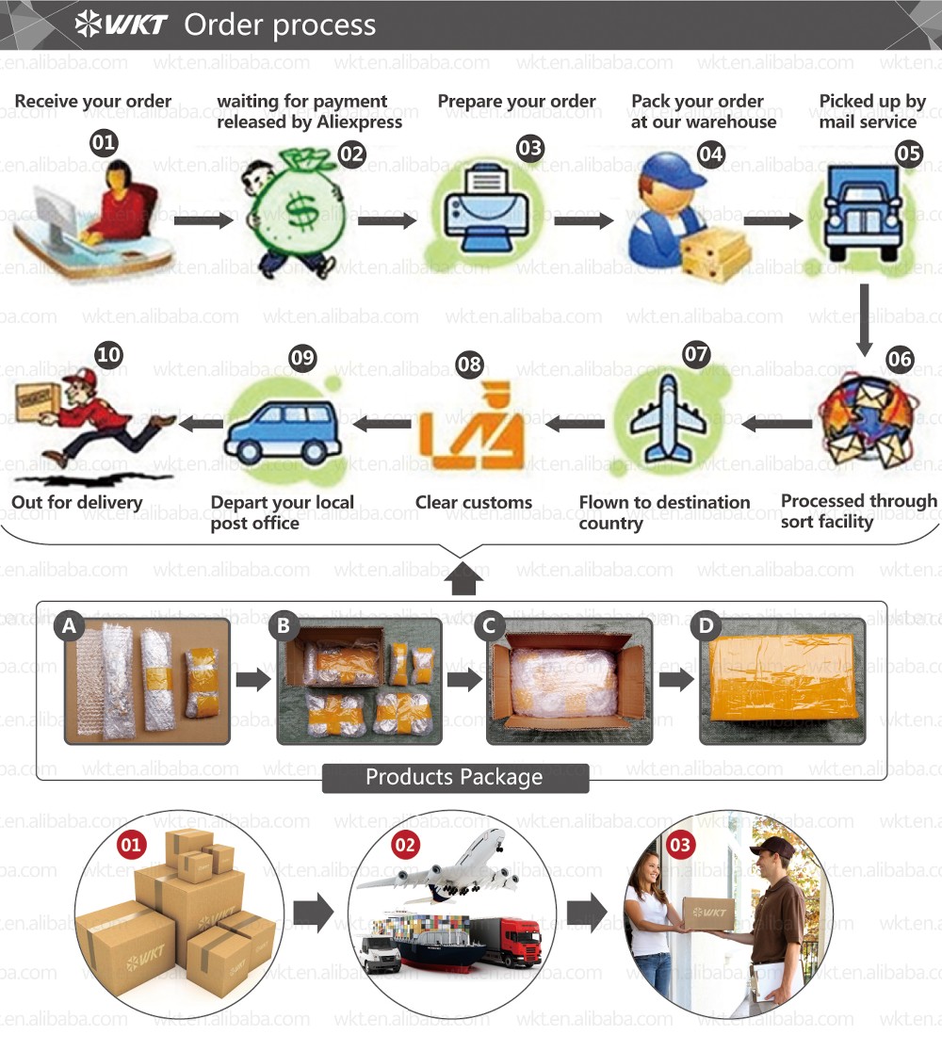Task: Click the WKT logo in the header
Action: click(122, 24)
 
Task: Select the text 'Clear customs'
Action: click(474, 503)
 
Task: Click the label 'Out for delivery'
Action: click(76, 503)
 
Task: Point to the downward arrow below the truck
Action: click(863, 320)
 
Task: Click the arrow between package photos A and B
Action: click(250, 680)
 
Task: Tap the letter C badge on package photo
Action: click(488, 624)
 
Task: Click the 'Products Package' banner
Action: click(454, 778)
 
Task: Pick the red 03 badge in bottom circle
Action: click(680, 846)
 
